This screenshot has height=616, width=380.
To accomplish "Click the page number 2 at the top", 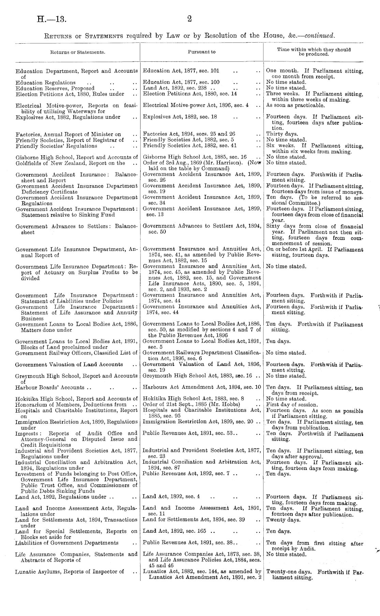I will point(190,19).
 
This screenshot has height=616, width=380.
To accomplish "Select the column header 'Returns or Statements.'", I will point(78,52).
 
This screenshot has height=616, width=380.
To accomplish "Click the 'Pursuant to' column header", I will point(202,52).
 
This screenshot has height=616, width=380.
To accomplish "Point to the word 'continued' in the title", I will point(319,35).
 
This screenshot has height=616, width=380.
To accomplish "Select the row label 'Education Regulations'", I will point(45,83).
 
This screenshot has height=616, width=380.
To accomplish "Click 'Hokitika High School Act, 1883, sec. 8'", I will point(193,399).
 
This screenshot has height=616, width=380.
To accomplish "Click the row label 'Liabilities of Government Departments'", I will point(67,543).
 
